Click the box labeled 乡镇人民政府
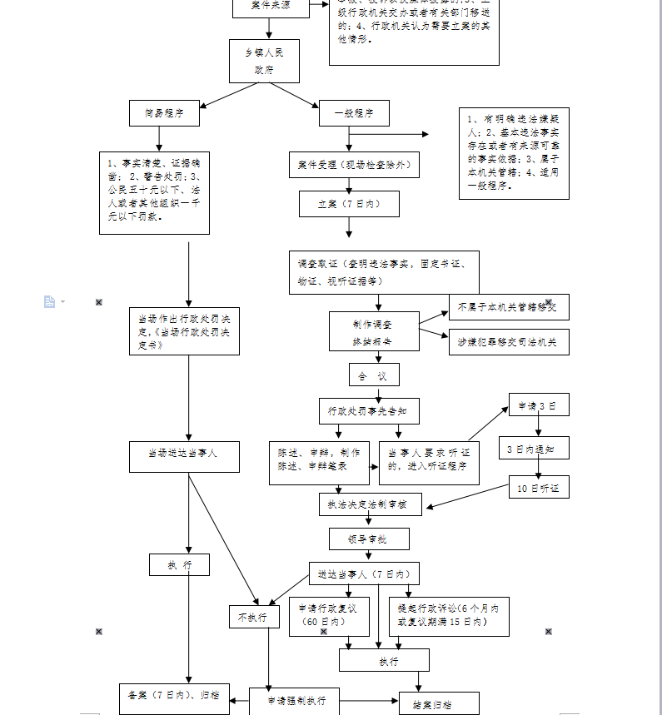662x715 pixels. [x=264, y=61]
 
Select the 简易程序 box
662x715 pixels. [x=164, y=113]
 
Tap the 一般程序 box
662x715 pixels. [x=354, y=113]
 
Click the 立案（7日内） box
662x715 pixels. [x=349, y=204]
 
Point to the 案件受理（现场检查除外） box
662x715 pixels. [x=354, y=165]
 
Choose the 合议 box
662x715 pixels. [x=373, y=375]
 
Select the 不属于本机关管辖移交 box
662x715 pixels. [x=509, y=307]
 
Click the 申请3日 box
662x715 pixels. [x=539, y=405]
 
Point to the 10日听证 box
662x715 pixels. [x=539, y=487]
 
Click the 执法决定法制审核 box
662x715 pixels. [x=370, y=504]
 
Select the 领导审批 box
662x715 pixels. [x=369, y=539]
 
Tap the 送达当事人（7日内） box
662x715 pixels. [x=363, y=573]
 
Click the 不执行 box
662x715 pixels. [x=254, y=617]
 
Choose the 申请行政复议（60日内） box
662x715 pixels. [x=328, y=616]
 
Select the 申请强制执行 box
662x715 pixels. [x=294, y=701]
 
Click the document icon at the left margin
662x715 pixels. [x=50, y=301]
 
